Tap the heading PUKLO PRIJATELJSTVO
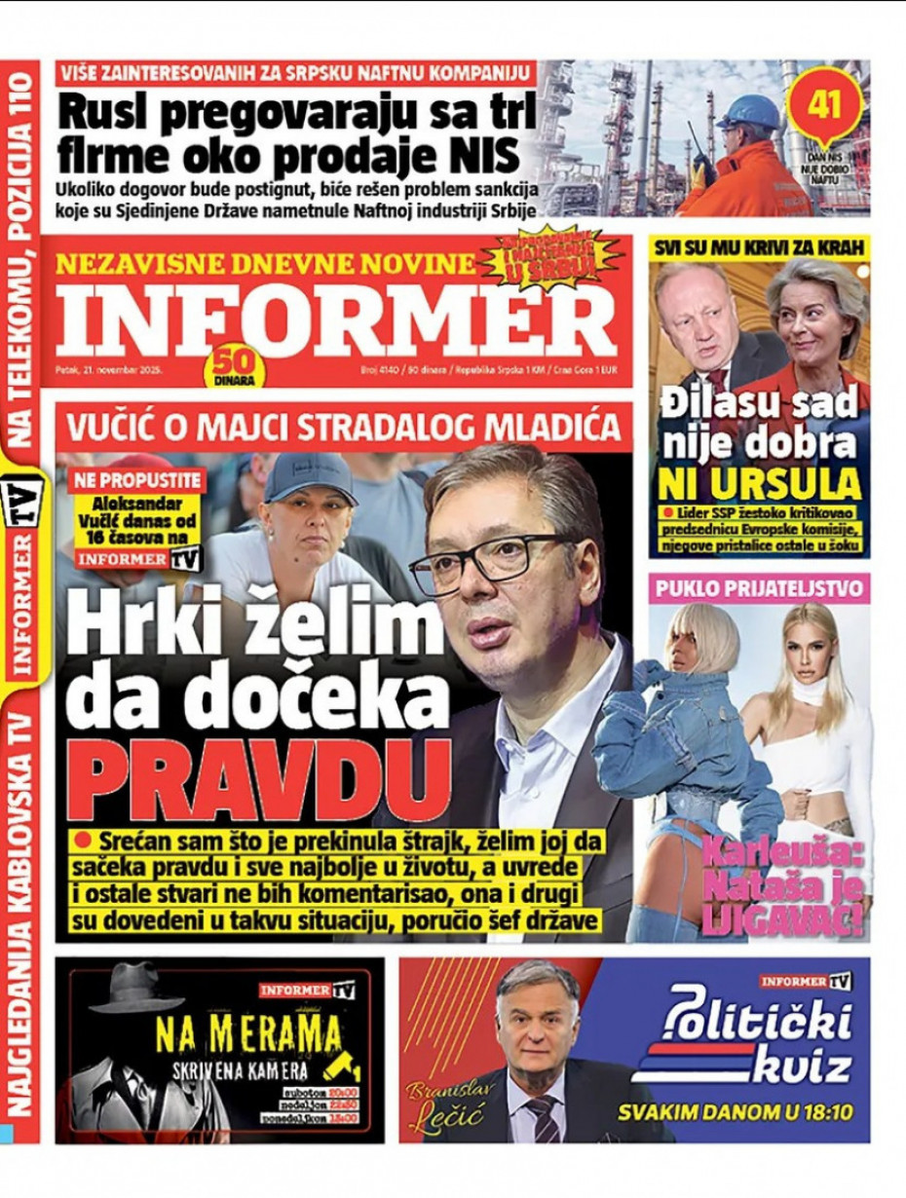(759, 588)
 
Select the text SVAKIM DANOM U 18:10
(732, 1110)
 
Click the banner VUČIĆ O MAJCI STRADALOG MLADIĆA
(344, 426)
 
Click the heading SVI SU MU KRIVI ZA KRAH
(759, 248)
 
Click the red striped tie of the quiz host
(543, 1119)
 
